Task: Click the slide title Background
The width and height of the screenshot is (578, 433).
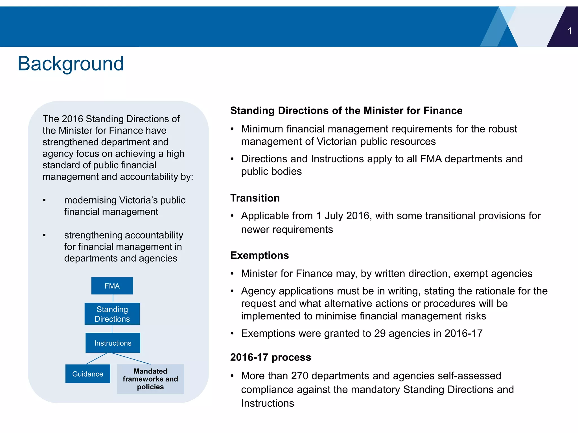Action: [x=71, y=64]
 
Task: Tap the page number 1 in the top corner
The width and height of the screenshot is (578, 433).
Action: [x=570, y=31]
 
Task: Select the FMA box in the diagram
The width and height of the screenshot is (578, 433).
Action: [x=112, y=286]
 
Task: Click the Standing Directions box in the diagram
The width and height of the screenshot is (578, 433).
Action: [x=112, y=314]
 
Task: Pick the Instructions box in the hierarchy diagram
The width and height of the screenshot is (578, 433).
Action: [x=113, y=343]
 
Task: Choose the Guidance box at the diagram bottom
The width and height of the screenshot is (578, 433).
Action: [x=87, y=374]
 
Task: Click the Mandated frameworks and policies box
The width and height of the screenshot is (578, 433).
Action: [x=150, y=379]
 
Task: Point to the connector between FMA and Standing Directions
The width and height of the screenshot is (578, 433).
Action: [x=113, y=299]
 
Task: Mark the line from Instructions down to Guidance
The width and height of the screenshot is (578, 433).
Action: [x=97, y=359]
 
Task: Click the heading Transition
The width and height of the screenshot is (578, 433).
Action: [x=255, y=198]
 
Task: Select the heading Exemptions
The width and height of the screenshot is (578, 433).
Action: [x=259, y=255]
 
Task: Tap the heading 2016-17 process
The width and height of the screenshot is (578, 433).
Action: [x=270, y=357]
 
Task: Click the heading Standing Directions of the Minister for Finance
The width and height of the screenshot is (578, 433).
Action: [x=346, y=111]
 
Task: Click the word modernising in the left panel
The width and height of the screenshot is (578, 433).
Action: [x=90, y=200]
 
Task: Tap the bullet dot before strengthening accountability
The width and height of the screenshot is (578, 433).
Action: [x=44, y=235]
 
